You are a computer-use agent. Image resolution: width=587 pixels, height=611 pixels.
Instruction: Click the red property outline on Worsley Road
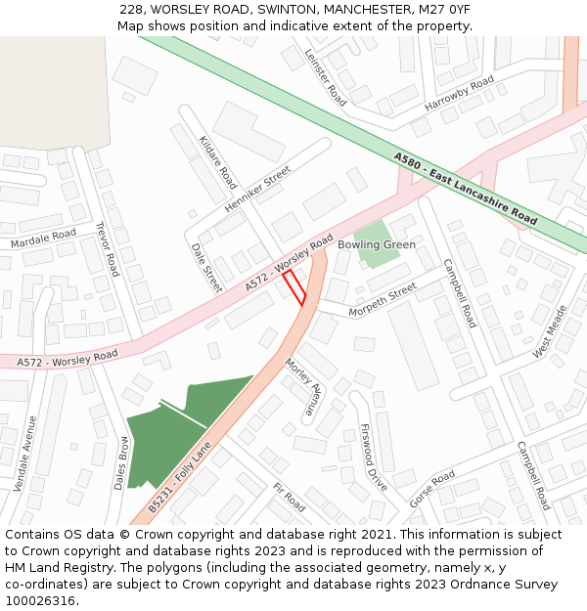[294, 287]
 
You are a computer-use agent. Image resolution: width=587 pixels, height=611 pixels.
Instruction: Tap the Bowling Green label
[377, 244]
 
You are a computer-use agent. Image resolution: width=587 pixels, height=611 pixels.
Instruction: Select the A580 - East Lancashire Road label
[466, 190]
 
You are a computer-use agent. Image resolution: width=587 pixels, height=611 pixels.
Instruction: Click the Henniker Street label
[258, 189]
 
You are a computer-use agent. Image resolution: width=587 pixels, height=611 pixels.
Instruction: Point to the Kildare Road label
[218, 162]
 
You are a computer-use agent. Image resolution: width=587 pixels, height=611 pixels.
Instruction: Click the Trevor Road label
[107, 248]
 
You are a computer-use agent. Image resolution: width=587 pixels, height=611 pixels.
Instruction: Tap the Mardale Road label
[43, 237]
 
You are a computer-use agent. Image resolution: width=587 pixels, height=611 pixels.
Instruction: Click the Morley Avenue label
[302, 387]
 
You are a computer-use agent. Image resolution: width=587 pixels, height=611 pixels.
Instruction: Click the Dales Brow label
[123, 461]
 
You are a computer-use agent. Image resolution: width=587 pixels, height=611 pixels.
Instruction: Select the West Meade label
[550, 332]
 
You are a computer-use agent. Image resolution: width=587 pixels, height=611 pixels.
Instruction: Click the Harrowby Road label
[459, 94]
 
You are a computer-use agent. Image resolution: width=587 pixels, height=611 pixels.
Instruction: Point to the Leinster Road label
[325, 77]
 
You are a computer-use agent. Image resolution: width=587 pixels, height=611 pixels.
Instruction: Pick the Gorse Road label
[431, 489]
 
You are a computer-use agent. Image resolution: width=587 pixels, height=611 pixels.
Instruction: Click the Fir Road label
[290, 498]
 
